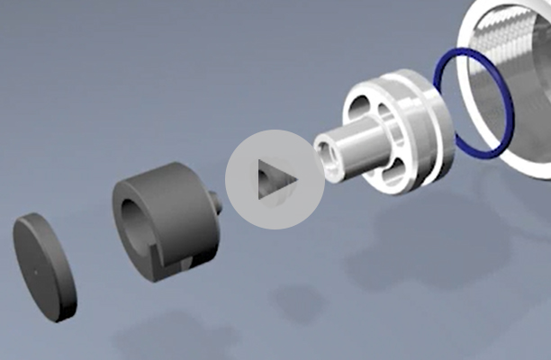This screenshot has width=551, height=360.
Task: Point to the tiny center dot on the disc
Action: click(x=34, y=266)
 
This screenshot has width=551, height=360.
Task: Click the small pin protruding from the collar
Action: click(x=217, y=202)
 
